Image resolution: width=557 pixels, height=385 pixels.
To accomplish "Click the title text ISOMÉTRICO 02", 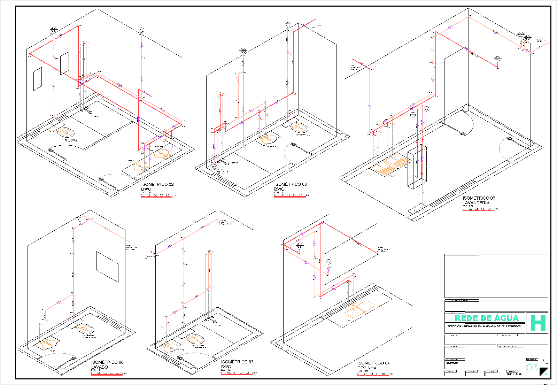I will (x=157, y=184).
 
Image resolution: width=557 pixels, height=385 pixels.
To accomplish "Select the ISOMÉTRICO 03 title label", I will (x=290, y=184).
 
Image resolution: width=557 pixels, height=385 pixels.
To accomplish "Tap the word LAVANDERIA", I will (x=476, y=203).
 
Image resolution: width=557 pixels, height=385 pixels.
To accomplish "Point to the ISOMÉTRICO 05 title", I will (x=479, y=198).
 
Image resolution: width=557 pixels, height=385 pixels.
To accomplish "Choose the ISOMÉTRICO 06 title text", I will (x=107, y=362).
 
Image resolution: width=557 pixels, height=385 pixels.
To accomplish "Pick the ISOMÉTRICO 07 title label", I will (x=237, y=362).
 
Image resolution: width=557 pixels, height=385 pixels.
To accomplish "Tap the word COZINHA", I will (x=367, y=368).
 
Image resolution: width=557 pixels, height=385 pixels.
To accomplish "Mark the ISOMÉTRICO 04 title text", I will (x=373, y=363).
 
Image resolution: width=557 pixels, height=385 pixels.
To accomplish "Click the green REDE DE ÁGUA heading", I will (x=487, y=318).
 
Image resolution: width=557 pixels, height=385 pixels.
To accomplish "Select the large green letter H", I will (x=537, y=323).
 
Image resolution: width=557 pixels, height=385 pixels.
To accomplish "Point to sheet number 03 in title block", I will (x=532, y=368).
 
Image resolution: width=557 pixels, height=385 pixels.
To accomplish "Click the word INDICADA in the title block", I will (x=515, y=374).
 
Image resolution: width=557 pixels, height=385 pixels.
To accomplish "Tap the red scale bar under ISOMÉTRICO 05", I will (x=478, y=210).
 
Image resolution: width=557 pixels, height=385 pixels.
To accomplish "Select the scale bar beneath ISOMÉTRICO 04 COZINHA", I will (x=373, y=376).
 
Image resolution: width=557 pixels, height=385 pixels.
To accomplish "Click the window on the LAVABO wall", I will (x=107, y=267).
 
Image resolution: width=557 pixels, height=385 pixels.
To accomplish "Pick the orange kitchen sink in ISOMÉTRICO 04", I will (x=360, y=309).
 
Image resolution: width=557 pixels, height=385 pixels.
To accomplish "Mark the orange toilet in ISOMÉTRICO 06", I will (x=85, y=329).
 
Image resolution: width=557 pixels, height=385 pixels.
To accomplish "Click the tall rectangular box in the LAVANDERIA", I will (x=417, y=166).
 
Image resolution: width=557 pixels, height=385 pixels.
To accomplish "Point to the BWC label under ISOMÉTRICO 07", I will (x=226, y=367).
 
